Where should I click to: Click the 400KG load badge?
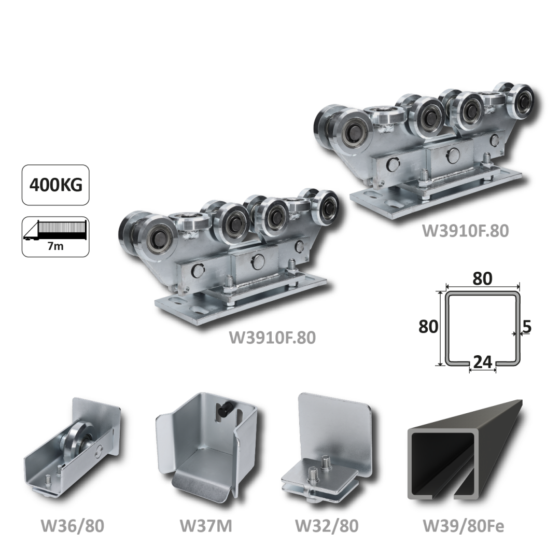[x=55, y=185]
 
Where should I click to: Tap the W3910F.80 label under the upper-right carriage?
[x=465, y=231]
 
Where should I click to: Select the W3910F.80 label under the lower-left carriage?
[x=272, y=338]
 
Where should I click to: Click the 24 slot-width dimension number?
[x=483, y=362]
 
